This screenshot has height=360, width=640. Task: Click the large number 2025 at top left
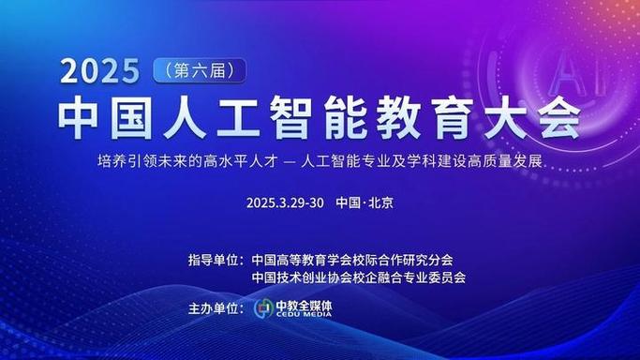[x=100, y=71]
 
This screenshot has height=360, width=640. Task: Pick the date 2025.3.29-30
[x=285, y=202]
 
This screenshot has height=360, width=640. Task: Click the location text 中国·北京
[x=364, y=202]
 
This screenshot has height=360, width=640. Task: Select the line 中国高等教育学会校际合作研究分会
[x=355, y=259]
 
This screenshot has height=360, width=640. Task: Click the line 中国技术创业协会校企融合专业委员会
[x=359, y=277]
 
